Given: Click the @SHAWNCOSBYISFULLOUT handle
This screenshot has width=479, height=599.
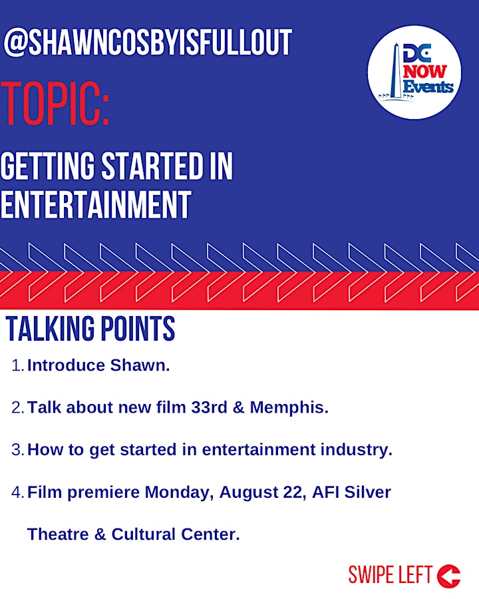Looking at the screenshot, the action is [x=148, y=42].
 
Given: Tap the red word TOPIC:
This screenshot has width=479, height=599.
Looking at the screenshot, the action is [x=55, y=104].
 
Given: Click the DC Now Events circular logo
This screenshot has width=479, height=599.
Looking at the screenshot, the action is [x=414, y=72].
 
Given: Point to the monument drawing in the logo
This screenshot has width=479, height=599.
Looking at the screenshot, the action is [x=397, y=72].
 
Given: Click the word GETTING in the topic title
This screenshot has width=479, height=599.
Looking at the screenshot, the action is [x=47, y=166].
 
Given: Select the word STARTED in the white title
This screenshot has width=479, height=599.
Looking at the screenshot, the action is [x=152, y=166].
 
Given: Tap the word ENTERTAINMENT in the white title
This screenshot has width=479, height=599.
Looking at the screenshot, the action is [x=96, y=205].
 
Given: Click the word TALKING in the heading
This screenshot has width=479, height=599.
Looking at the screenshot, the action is [x=50, y=329].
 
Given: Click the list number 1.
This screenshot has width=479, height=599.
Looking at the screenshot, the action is [x=17, y=365].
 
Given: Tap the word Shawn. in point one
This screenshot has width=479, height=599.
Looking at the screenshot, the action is [x=140, y=365].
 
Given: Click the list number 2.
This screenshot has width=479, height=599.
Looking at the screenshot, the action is [x=17, y=407].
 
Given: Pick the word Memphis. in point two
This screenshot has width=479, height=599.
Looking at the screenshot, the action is [x=289, y=407].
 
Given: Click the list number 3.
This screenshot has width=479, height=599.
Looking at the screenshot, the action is [x=17, y=450].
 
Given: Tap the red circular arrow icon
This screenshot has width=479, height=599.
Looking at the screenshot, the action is [x=448, y=576].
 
